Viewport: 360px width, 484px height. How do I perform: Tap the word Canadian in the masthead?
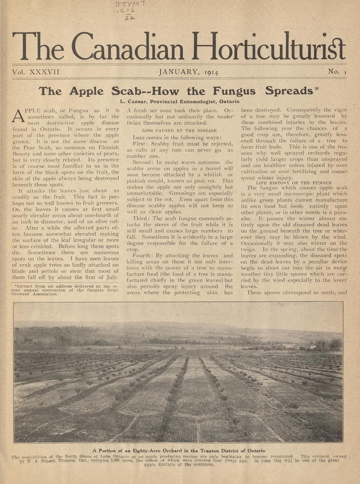[x=128, y=47]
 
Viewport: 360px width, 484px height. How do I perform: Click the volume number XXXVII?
[x=44, y=72]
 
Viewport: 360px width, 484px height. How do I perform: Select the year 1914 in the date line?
[x=210, y=73]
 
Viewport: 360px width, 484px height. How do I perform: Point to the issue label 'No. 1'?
[x=337, y=72]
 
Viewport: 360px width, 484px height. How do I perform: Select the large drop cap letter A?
[x=18, y=116]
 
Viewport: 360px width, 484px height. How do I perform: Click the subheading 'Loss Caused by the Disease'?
[x=179, y=130]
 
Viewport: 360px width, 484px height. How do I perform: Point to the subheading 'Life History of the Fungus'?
[x=294, y=183]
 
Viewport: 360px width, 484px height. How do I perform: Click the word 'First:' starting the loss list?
[x=140, y=144]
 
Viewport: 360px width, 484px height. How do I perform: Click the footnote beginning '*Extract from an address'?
[x=65, y=290]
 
